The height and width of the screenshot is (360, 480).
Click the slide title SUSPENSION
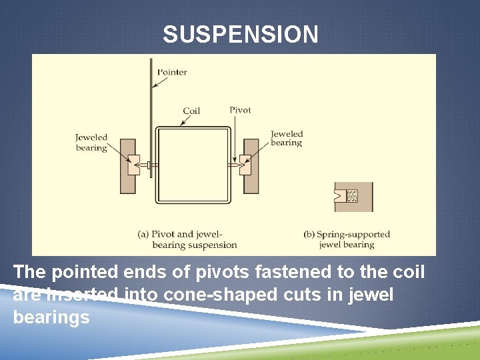pos(240,35)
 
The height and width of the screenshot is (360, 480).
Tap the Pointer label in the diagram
pos(172,72)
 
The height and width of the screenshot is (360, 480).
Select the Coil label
pos(191,111)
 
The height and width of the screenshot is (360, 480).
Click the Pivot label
pos(240,110)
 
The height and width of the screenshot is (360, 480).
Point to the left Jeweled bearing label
pos(91,143)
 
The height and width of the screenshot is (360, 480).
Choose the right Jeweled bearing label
pos(287,138)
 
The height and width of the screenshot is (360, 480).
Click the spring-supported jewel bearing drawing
pos(354,196)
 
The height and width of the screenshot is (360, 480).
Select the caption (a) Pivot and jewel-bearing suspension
pos(187,239)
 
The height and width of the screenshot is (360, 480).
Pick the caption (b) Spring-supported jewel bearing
pos(347,239)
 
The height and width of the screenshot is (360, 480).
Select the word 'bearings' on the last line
pos(51,317)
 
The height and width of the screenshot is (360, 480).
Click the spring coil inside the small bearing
pos(353,196)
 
